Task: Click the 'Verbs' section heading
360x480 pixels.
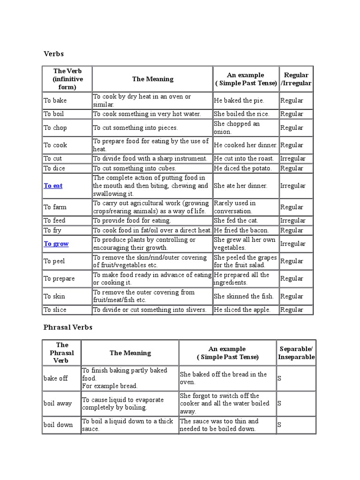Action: pos(53,54)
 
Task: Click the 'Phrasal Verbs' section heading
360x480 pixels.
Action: pos(67,327)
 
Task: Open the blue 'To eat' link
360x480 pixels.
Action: pos(53,186)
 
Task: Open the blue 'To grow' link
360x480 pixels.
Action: pos(56,244)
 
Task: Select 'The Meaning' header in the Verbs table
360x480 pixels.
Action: pos(152,79)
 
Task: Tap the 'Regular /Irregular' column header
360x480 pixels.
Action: pos(296,79)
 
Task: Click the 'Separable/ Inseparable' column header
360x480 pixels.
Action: pos(296,353)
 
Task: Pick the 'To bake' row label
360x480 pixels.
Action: pos(55,100)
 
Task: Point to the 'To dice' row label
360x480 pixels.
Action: pos(54,168)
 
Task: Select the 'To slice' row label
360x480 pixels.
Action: pos(55,309)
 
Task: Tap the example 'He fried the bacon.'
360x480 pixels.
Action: pos(241,230)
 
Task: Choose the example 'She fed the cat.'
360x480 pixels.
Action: pos(236,220)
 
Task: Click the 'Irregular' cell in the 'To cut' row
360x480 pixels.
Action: pos(292,158)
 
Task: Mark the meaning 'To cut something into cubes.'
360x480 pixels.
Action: pos(135,168)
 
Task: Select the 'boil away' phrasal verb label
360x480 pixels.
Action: pos(58,403)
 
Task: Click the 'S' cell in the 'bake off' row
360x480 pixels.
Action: pos(279,378)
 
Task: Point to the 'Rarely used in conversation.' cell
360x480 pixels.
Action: pos(235,207)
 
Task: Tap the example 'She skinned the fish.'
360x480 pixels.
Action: pos(244,296)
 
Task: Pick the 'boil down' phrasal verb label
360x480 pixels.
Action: pos(58,425)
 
